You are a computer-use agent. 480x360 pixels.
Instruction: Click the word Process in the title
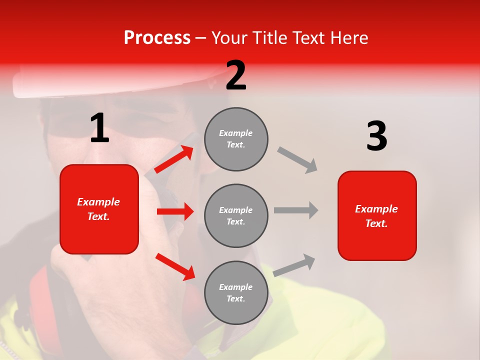point(157,38)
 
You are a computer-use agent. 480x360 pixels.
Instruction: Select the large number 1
point(99,129)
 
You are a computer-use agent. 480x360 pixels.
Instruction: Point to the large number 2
point(236,75)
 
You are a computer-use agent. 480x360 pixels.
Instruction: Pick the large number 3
point(376,136)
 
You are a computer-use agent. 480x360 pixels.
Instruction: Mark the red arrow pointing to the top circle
point(174,159)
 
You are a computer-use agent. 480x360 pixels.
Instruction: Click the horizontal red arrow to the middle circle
point(175,211)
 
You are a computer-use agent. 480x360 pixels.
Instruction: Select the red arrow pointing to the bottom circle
point(175,266)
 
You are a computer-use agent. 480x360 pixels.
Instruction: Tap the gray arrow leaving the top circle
point(298,159)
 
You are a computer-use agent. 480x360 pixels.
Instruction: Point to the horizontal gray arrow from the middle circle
point(296,210)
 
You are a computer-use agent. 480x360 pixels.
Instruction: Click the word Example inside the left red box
point(98,202)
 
